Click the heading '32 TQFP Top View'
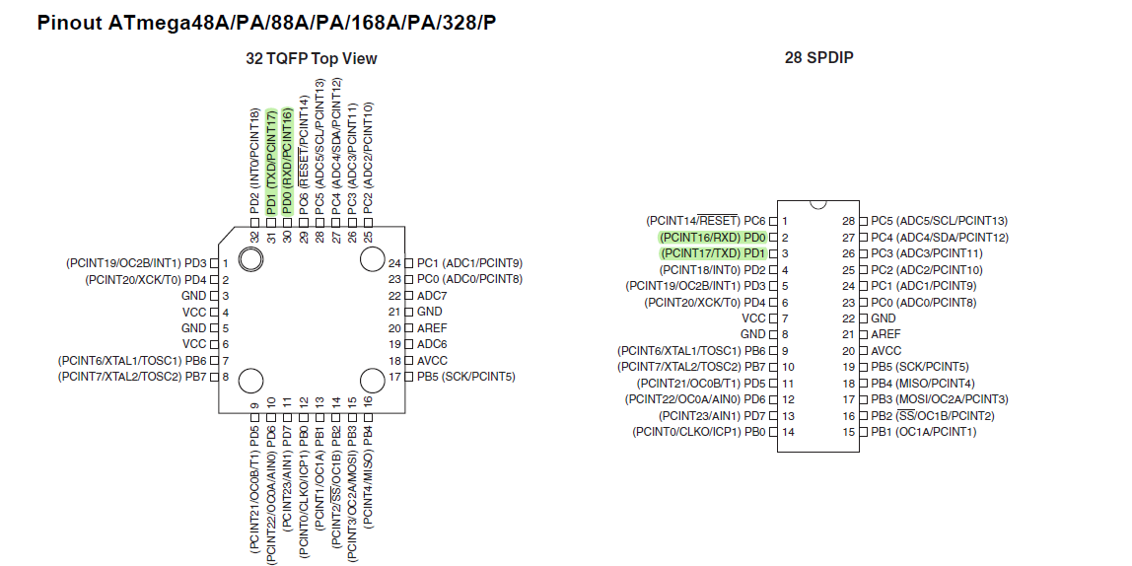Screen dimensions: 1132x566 click(312, 58)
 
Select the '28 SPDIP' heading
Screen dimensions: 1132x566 click(818, 57)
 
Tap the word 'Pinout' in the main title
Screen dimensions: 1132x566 click(70, 23)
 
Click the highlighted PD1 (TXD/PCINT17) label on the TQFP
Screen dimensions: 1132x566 click(271, 162)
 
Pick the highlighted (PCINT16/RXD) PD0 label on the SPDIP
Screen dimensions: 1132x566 click(713, 238)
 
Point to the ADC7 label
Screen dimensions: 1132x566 click(432, 295)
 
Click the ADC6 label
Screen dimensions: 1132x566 click(432, 344)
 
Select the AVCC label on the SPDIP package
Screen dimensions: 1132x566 click(885, 351)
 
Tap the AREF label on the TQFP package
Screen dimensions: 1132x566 click(432, 327)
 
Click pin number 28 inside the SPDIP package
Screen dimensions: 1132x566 click(848, 221)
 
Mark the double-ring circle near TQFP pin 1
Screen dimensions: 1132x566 click(250, 259)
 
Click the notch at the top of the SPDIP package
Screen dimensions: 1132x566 click(818, 204)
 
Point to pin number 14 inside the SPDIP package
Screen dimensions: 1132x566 click(789, 432)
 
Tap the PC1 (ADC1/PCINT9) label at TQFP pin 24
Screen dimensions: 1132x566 click(469, 263)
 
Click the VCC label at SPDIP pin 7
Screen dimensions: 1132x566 click(753, 318)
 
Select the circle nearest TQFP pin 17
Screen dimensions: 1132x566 click(372, 381)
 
